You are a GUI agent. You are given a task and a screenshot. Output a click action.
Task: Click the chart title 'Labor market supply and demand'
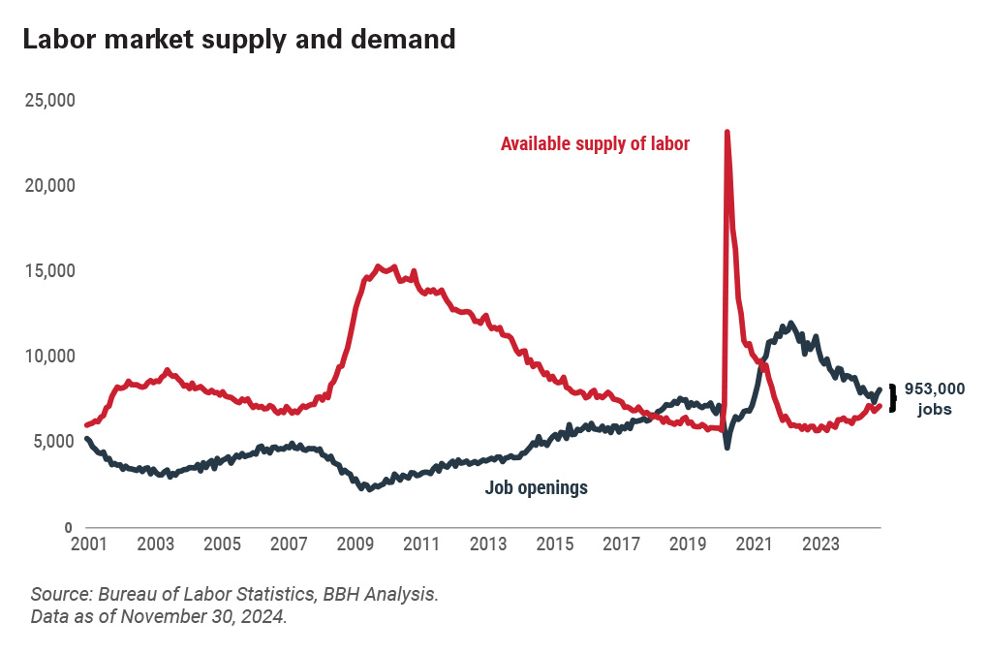pyautogui.click(x=238, y=40)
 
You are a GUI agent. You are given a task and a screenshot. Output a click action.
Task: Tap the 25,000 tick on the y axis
pyautogui.click(x=48, y=100)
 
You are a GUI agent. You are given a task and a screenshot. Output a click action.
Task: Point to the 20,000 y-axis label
pyautogui.click(x=48, y=185)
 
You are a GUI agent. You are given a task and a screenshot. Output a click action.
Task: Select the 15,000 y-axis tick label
pyautogui.click(x=48, y=270)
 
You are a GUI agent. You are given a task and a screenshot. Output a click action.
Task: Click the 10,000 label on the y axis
pyautogui.click(x=48, y=356)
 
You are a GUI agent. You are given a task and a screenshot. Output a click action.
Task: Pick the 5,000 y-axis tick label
pyautogui.click(x=52, y=442)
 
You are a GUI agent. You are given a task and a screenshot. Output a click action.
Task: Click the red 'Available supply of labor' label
pyautogui.click(x=595, y=144)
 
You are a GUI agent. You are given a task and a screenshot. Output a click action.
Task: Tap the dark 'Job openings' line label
pyautogui.click(x=536, y=488)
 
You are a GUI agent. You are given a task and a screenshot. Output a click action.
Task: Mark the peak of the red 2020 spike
pyautogui.click(x=726, y=132)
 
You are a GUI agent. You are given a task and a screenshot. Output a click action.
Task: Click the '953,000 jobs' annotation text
pyautogui.click(x=935, y=398)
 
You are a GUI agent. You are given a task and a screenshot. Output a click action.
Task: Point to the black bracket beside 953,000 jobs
pyautogui.click(x=892, y=398)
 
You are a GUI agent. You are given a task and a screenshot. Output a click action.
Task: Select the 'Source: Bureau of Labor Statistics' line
pyautogui.click(x=234, y=593)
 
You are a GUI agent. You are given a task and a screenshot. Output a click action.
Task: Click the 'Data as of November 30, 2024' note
pyautogui.click(x=159, y=617)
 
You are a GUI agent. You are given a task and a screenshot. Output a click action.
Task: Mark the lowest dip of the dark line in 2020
pyautogui.click(x=727, y=446)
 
